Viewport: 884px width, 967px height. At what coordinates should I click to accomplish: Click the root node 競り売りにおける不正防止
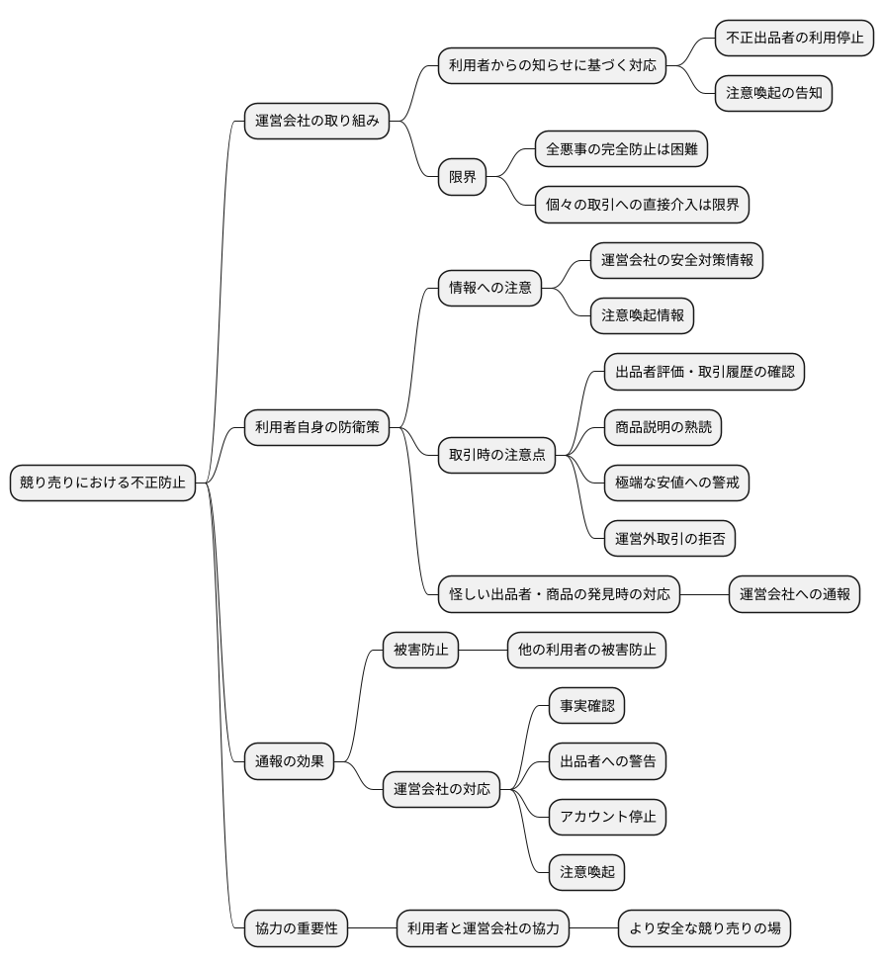pyautogui.click(x=103, y=483)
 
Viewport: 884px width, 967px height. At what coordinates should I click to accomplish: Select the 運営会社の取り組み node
pyautogui.click(x=316, y=122)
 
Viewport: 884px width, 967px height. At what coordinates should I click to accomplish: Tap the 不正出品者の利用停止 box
pyautogui.click(x=794, y=39)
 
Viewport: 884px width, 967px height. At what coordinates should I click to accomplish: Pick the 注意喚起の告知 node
pyautogui.click(x=773, y=94)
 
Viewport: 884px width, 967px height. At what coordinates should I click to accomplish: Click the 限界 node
pyautogui.click(x=462, y=177)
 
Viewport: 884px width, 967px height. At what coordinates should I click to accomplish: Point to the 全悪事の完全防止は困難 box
pyautogui.click(x=621, y=149)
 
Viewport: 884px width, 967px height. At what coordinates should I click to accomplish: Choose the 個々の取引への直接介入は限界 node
pyautogui.click(x=642, y=205)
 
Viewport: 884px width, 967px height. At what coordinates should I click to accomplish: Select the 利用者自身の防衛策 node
pyautogui.click(x=316, y=427)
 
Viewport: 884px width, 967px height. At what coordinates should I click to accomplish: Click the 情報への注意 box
pyautogui.click(x=489, y=288)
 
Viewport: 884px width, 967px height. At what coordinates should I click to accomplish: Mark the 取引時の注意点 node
pyautogui.click(x=496, y=455)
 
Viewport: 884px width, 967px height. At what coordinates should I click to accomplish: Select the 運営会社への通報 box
pyautogui.click(x=794, y=594)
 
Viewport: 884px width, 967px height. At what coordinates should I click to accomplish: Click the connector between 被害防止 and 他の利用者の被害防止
pyautogui.click(x=484, y=650)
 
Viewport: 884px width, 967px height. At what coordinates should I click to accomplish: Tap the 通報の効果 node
pyautogui.click(x=289, y=760)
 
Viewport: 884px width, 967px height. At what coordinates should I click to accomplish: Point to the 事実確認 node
pyautogui.click(x=586, y=705)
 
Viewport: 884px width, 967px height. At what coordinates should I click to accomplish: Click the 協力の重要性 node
pyautogui.click(x=296, y=928)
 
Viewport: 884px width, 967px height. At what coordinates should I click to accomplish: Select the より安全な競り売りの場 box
pyautogui.click(x=704, y=928)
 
